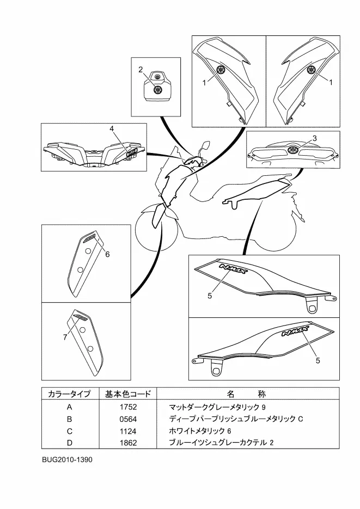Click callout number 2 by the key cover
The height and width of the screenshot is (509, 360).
click(141, 70)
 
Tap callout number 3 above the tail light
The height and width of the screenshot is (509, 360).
click(315, 138)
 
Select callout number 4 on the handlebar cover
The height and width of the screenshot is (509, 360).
click(112, 128)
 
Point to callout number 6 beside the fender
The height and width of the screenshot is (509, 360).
click(107, 254)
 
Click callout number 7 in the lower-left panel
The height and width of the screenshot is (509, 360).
click(65, 338)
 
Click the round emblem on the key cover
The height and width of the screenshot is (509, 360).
click(157, 90)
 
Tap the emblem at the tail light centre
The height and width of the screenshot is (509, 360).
click(292, 150)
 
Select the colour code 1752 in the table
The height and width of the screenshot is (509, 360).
click(128, 407)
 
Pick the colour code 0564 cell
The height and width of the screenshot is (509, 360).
click(128, 419)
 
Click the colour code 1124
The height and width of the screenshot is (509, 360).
click(128, 431)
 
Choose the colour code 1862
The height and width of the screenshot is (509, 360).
click(128, 443)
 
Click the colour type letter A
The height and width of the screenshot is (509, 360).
click(70, 407)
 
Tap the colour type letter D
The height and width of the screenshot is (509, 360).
click(70, 443)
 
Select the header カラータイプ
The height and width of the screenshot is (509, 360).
click(69, 394)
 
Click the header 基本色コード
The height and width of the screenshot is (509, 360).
click(128, 394)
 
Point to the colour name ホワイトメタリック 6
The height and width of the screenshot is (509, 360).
click(200, 431)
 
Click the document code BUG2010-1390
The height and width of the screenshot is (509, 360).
click(67, 459)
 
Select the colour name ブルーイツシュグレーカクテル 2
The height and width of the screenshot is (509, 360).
click(221, 443)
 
